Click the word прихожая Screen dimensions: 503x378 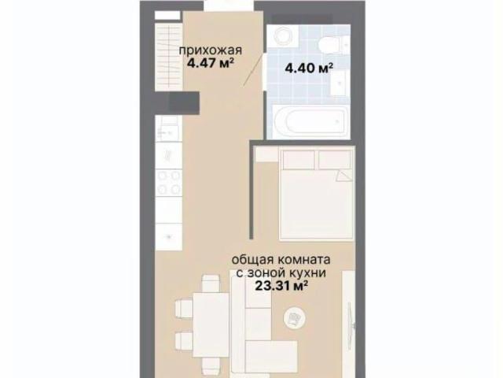[210, 50]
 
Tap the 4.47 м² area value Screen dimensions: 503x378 [210, 63]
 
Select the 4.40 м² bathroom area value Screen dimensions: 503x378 [309, 69]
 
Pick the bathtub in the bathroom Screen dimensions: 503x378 [310, 122]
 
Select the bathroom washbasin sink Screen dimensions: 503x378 [340, 83]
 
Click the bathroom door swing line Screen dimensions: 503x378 [253, 70]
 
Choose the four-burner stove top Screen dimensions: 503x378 [169, 183]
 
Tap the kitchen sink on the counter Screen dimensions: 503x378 [167, 128]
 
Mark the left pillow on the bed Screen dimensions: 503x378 [299, 160]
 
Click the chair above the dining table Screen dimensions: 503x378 [211, 283]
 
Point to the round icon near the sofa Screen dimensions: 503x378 [295, 318]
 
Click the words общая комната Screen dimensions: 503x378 [281, 260]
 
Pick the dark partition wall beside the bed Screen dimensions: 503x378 [252, 191]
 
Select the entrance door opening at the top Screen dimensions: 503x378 [229, 6]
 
